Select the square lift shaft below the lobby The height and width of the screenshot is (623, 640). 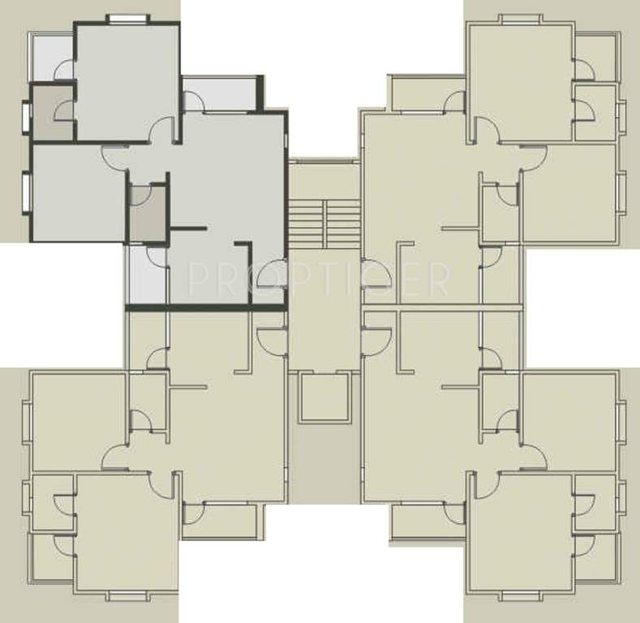(x=324, y=397)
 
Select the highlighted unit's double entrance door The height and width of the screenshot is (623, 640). (x=271, y=275)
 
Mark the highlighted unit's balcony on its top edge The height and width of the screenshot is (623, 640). (x=220, y=94)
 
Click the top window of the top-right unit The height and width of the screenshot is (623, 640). (x=520, y=19)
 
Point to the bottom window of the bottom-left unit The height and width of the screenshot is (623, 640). (x=127, y=595)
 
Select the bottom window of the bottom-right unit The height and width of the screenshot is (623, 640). (x=520, y=595)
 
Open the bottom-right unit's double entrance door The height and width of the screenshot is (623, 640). (x=375, y=341)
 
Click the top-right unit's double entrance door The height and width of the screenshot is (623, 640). (x=375, y=275)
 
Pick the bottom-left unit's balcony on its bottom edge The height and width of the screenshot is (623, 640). (x=220, y=522)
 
